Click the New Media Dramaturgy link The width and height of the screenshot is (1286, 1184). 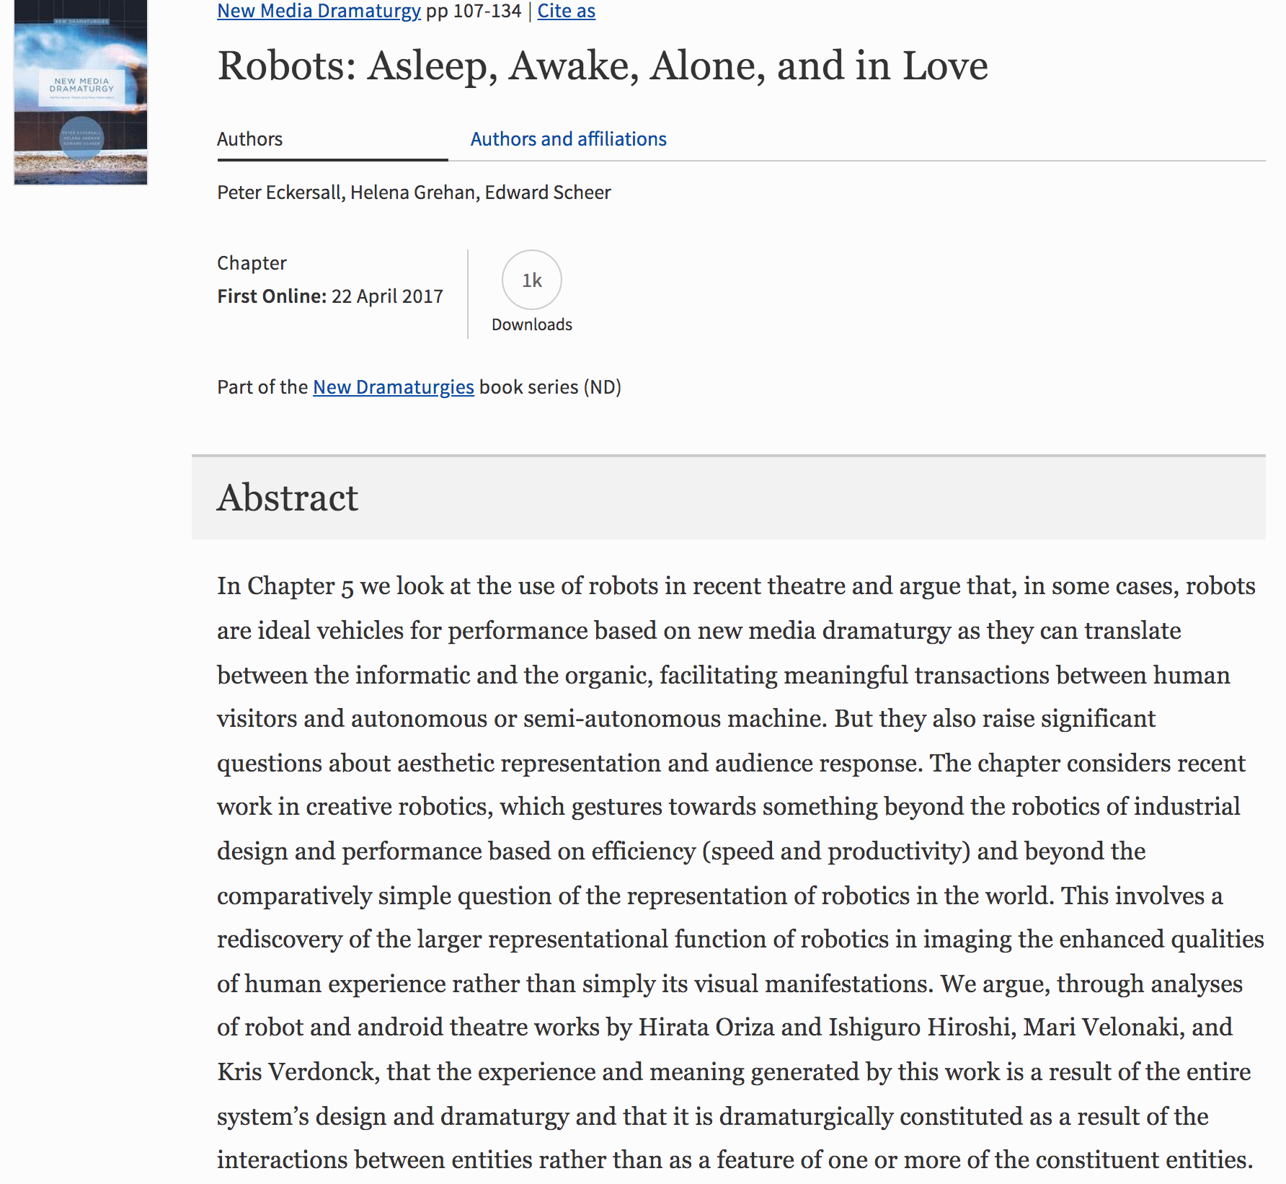point(319,11)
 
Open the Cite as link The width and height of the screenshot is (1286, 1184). point(566,11)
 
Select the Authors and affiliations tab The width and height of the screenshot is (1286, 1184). point(568,138)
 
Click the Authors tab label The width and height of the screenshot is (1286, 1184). point(249,138)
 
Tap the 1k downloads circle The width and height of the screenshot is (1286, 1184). point(532,280)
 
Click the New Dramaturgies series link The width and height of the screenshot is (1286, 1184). point(393,387)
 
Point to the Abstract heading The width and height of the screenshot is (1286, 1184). point(288,498)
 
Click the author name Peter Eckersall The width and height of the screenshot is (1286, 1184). point(280,193)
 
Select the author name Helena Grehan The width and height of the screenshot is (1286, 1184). point(412,193)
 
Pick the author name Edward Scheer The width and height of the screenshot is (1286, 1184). point(548,193)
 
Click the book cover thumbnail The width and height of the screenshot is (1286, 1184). point(81,92)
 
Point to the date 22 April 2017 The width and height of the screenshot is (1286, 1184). point(387,296)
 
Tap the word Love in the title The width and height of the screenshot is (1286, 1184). point(945,66)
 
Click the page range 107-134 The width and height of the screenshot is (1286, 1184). point(487,11)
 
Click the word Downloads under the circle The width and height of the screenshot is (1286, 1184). point(532,324)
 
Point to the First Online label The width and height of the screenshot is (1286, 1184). point(272,296)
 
